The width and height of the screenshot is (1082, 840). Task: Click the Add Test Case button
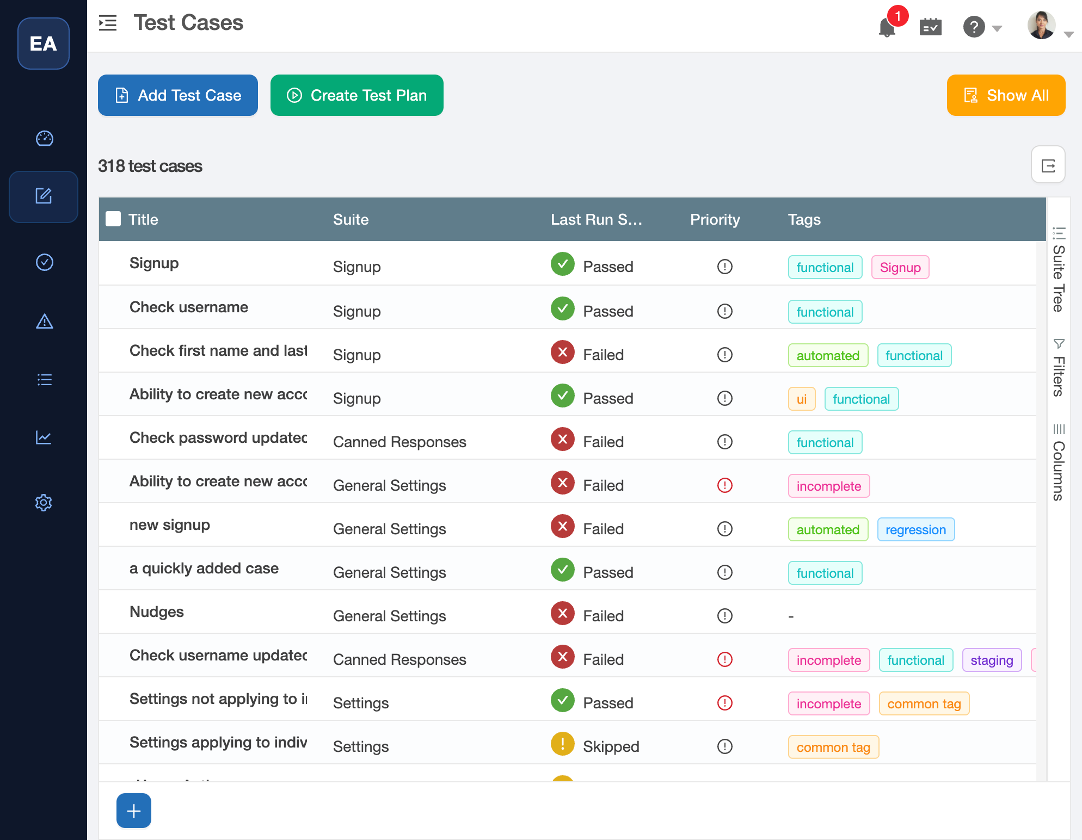[178, 95]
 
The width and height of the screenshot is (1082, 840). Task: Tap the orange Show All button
[1006, 95]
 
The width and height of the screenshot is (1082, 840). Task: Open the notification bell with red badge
[887, 26]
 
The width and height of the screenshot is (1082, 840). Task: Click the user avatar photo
[1041, 26]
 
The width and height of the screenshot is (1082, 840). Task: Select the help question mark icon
[974, 26]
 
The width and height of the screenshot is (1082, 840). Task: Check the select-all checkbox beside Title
[113, 219]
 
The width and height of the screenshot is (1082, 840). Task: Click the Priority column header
[715, 219]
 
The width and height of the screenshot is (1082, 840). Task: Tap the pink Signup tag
[900, 267]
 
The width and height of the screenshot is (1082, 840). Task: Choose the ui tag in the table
[801, 399]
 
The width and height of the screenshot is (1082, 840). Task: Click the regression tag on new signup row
[915, 529]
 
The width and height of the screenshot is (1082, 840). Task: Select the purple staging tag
[991, 660]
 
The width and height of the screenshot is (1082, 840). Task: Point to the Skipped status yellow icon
[562, 744]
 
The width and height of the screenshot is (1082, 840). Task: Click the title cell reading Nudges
[157, 612]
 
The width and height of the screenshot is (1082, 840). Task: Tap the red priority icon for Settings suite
[724, 703]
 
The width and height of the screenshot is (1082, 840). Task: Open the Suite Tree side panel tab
[1059, 270]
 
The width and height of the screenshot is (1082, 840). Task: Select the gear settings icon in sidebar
[44, 502]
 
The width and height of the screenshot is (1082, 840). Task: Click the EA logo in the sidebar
[44, 44]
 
